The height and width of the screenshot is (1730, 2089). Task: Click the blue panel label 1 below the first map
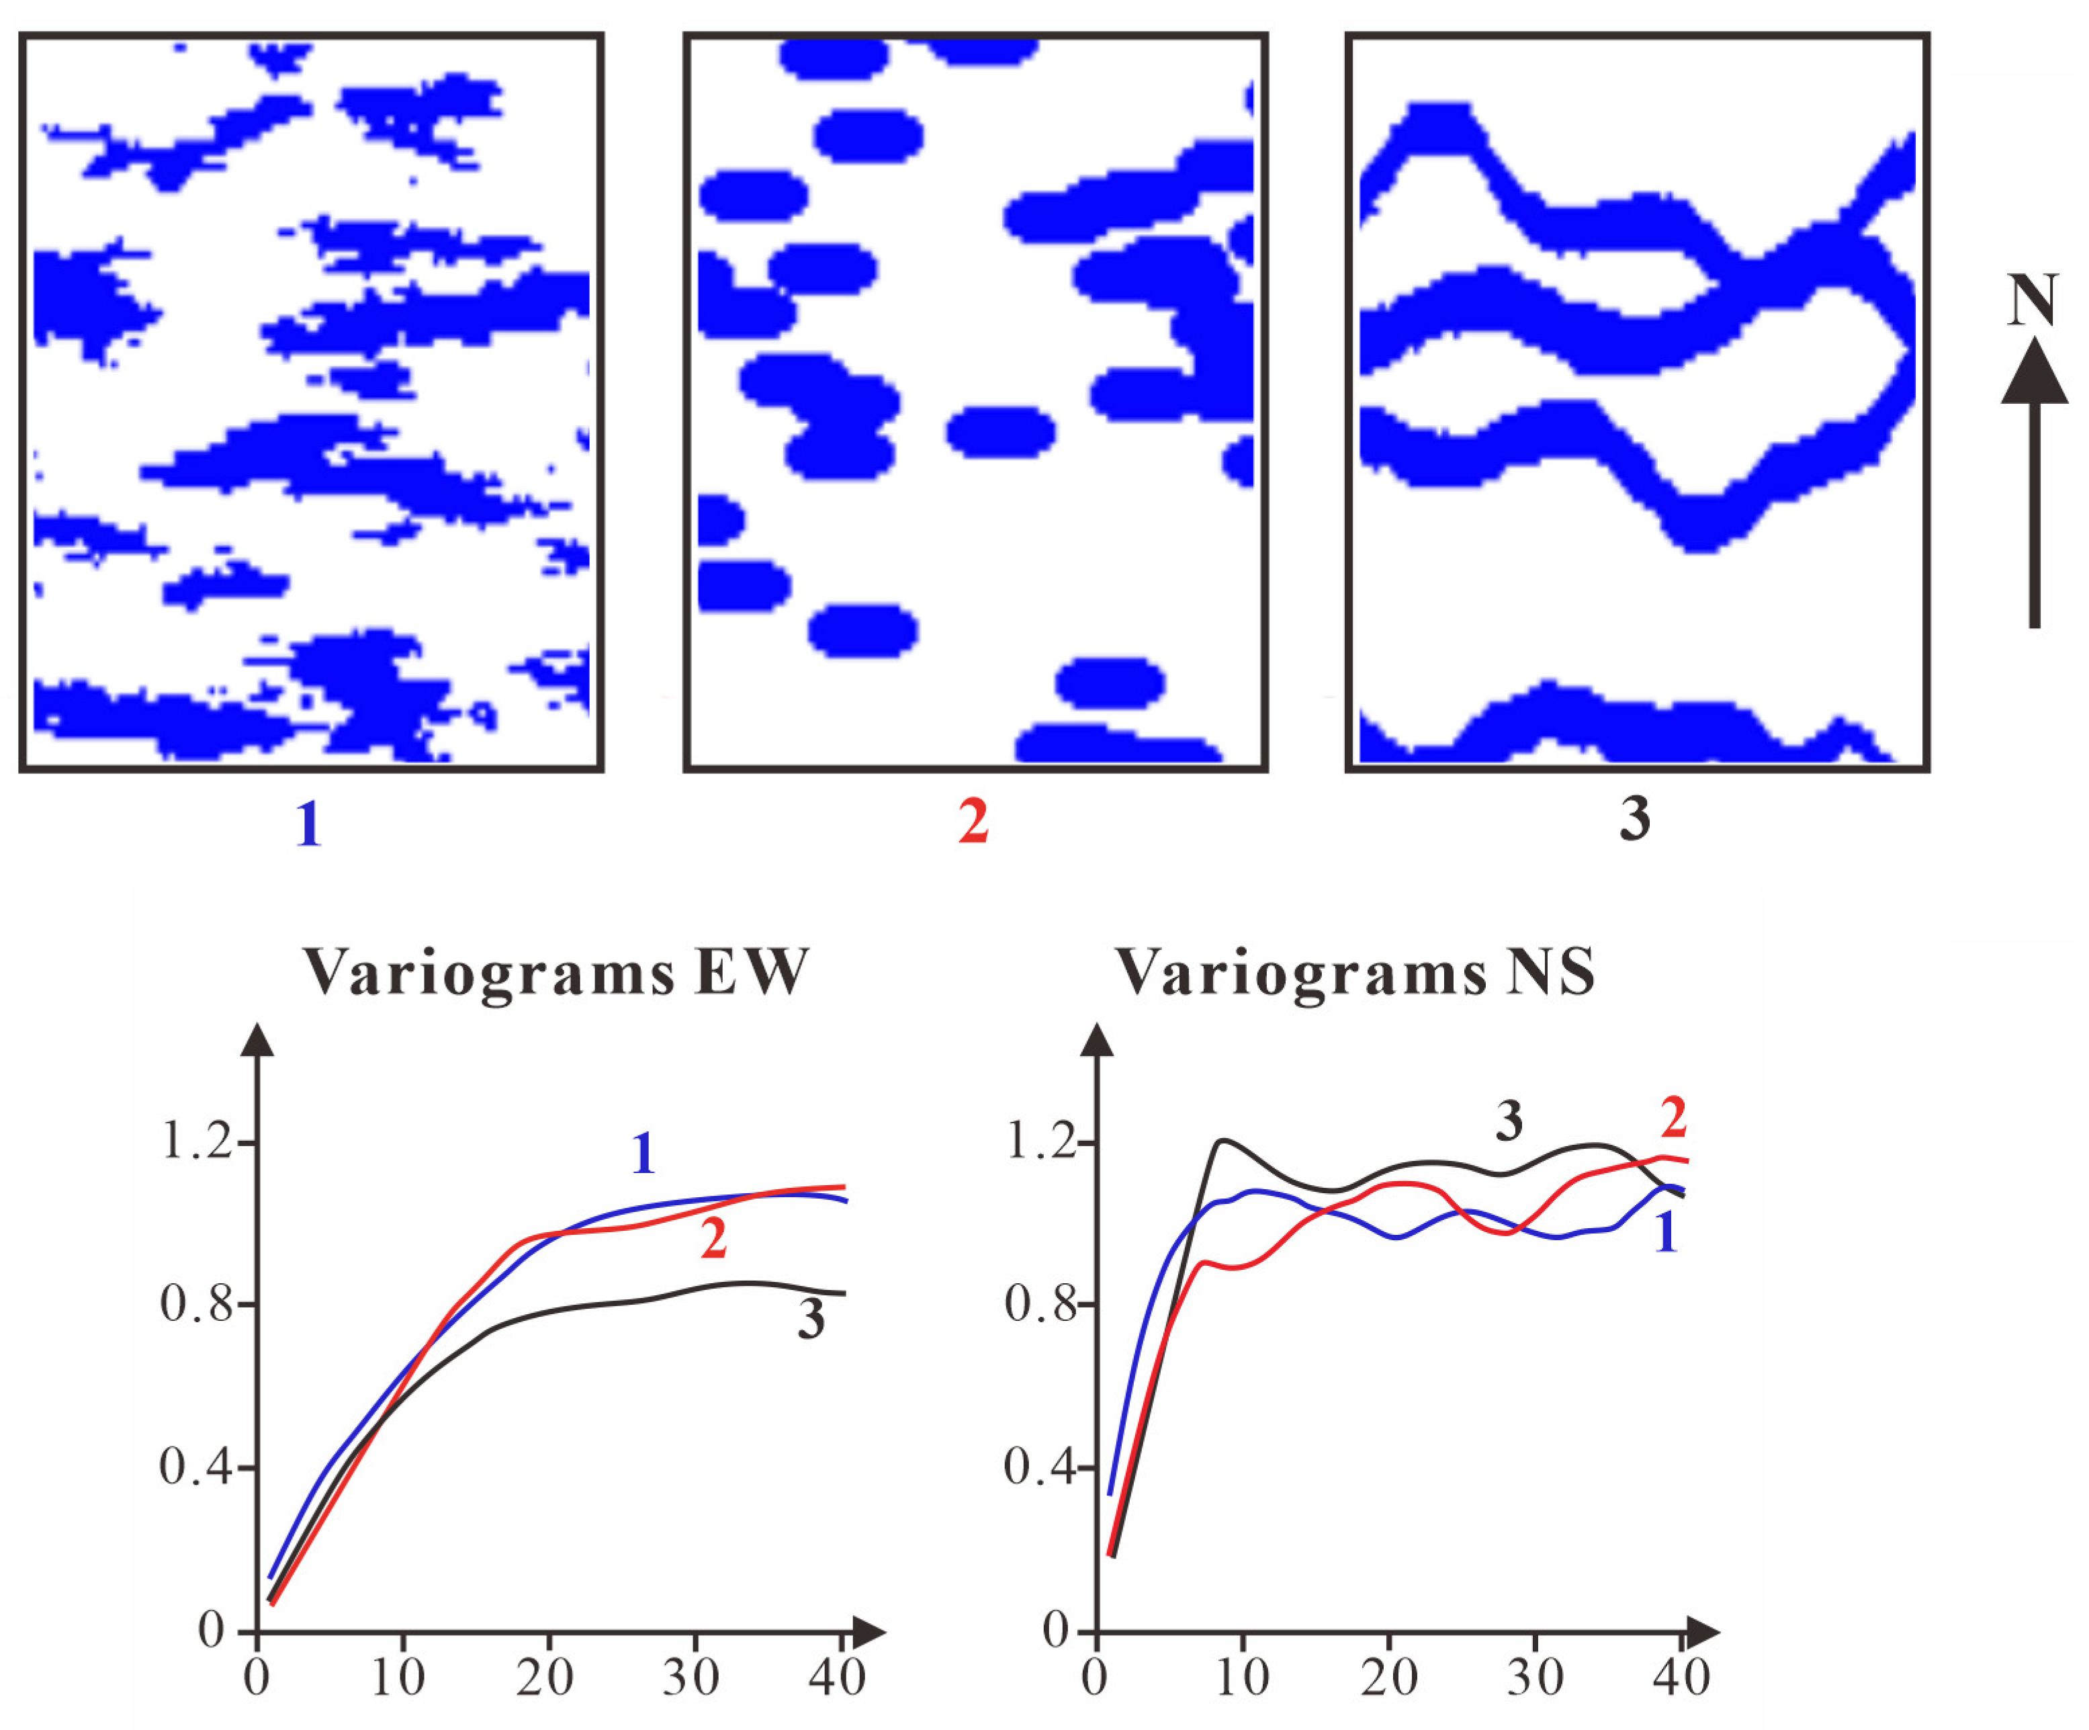coord(308,824)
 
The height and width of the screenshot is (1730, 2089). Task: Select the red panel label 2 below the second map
coord(973,822)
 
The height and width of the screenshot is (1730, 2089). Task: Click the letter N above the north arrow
coord(2031,300)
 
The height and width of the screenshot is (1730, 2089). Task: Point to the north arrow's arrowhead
coord(2035,372)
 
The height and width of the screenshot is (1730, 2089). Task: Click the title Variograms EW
coord(555,972)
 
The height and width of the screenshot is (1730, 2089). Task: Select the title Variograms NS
coord(1355,972)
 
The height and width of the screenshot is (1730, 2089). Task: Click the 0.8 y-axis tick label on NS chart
coord(1042,1303)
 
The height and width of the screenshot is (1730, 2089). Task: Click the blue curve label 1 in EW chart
coord(643,1154)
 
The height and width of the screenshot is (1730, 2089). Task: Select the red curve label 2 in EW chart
coord(713,1240)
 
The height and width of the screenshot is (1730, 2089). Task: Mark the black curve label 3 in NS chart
coord(1509,1121)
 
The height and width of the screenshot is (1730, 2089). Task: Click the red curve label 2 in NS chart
coord(1674,1117)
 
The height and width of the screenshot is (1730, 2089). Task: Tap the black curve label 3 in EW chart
coord(811,1319)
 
